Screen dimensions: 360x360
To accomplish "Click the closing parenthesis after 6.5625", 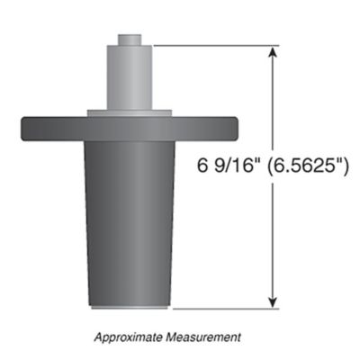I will (347, 168).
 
